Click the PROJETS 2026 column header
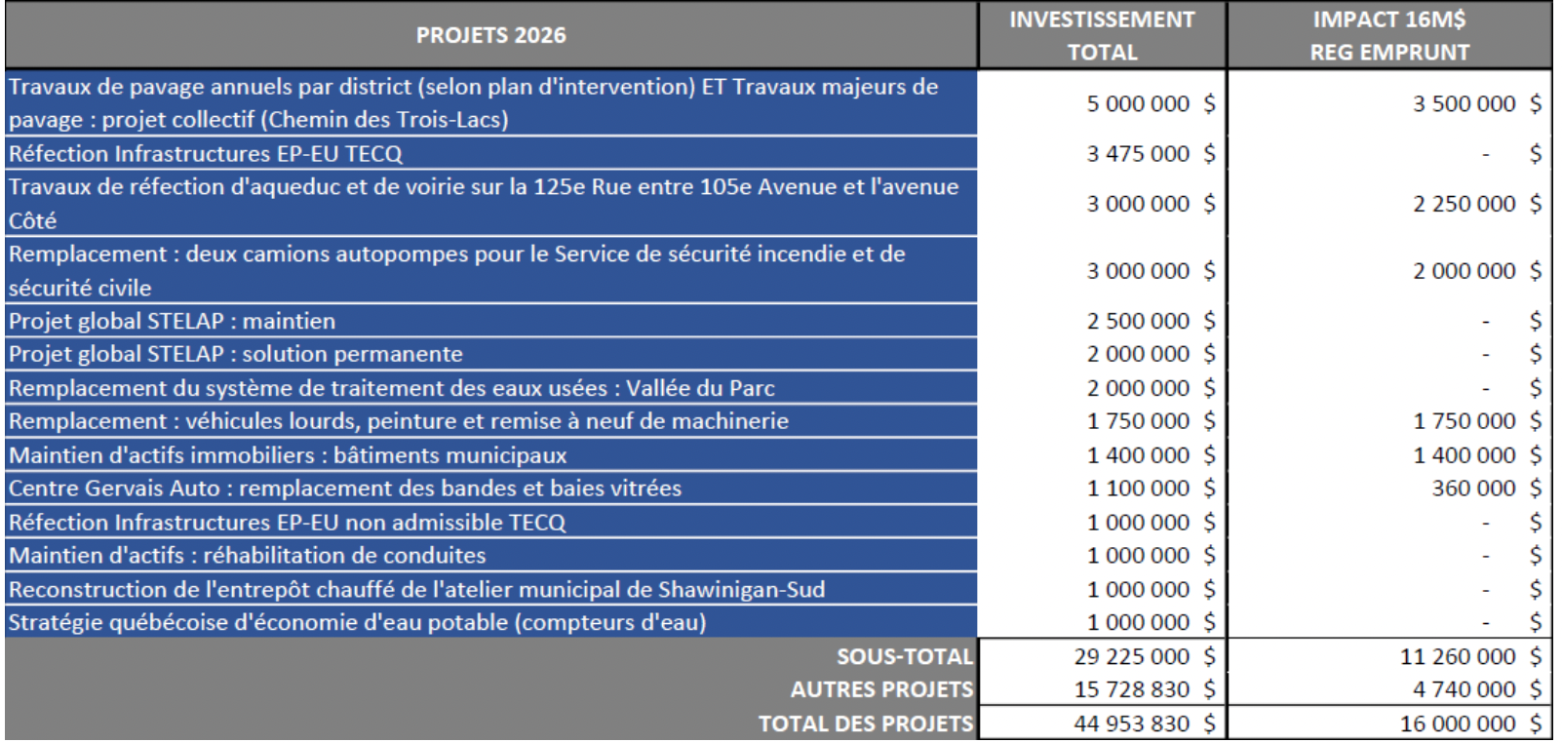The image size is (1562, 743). point(490,35)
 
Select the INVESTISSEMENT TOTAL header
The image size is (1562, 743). point(1102,35)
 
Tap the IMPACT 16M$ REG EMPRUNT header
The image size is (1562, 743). point(1389,35)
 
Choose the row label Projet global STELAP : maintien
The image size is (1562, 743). point(173,321)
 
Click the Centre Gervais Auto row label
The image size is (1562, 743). point(345,488)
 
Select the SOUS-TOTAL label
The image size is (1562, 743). point(904,656)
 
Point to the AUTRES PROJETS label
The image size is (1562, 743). point(881,689)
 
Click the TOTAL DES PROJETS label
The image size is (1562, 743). point(866,723)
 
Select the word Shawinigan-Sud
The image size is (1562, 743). point(741,589)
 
